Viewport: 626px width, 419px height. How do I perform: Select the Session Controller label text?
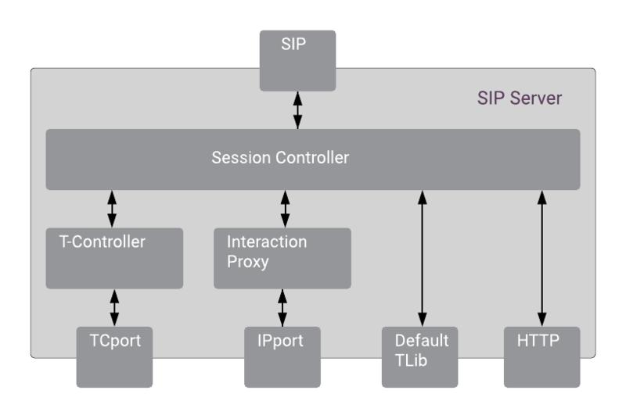tap(280, 158)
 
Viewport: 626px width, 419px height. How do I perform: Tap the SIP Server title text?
tap(519, 99)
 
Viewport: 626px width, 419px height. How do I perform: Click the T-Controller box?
tap(114, 258)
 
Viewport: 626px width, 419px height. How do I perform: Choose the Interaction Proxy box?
tap(282, 258)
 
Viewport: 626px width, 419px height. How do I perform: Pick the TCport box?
tap(114, 356)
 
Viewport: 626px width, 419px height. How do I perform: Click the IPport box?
tap(282, 356)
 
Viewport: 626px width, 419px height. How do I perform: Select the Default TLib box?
tap(420, 356)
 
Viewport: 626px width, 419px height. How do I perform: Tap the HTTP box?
tap(541, 356)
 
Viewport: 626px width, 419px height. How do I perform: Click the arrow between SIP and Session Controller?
tap(297, 110)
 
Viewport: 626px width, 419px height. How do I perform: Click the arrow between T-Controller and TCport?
tap(114, 307)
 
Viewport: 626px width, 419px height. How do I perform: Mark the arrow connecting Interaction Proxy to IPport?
tap(282, 307)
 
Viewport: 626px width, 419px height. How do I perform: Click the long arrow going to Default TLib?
tap(421, 258)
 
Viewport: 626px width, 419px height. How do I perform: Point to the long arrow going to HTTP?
tap(541, 258)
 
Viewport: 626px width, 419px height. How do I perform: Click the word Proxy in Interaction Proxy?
tap(247, 262)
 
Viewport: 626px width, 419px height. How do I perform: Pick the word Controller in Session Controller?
tap(311, 158)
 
